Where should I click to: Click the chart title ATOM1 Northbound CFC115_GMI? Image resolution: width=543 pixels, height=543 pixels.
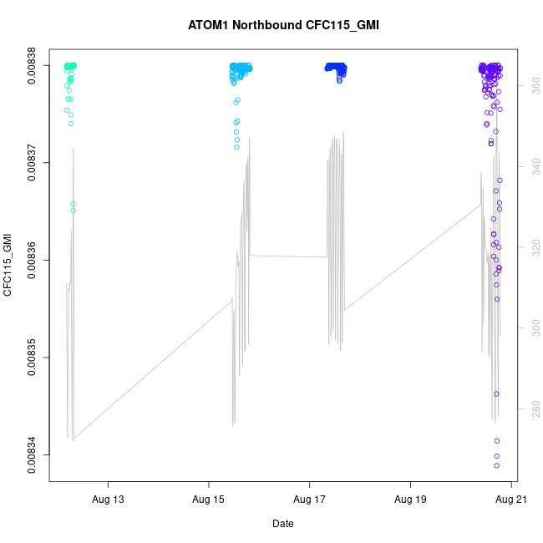(x=283, y=25)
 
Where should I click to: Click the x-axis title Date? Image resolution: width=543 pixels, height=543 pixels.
(x=282, y=524)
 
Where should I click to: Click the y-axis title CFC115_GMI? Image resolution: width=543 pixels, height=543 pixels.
(x=9, y=266)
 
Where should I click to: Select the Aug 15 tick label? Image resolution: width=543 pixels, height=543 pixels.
(x=209, y=500)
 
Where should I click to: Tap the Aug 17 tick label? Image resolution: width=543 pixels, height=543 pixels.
(x=310, y=500)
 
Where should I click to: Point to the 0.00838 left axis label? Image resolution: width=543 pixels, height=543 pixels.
(x=32, y=65)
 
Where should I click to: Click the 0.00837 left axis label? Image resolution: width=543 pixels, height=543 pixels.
(x=32, y=162)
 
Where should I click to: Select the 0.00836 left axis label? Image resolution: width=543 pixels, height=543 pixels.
(x=32, y=260)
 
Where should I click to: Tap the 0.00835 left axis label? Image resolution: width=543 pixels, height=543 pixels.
(x=32, y=358)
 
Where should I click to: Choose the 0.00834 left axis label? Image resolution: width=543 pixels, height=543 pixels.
(x=32, y=455)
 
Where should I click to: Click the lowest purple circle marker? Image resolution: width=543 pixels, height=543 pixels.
(x=496, y=465)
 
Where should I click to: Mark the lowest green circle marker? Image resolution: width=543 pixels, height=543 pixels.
(x=74, y=211)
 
